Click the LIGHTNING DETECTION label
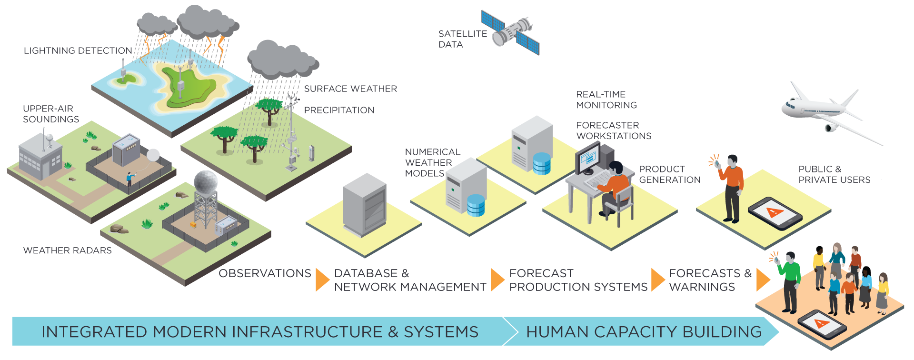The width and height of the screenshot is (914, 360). [x=78, y=50]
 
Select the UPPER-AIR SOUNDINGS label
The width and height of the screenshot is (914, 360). [x=51, y=114]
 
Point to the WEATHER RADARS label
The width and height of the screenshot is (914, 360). [x=68, y=250]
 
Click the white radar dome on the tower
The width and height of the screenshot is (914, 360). [x=206, y=181]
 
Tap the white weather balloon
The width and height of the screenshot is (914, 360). [x=153, y=155]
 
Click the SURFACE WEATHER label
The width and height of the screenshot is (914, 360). [x=350, y=89]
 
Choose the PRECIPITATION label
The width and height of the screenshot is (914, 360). [x=339, y=110]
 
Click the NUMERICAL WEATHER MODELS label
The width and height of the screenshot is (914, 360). [x=432, y=162]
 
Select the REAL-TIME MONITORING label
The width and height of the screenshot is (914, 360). [x=606, y=100]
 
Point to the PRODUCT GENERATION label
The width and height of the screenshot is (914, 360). [x=669, y=174]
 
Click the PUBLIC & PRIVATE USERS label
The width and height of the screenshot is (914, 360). [x=834, y=174]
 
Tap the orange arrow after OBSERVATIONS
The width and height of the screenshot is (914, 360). [x=322, y=280]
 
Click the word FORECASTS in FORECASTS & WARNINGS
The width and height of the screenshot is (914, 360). [x=704, y=273]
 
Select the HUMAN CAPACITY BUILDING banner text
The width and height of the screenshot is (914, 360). [x=644, y=332]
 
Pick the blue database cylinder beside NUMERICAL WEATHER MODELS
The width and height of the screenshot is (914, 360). [x=476, y=205]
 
